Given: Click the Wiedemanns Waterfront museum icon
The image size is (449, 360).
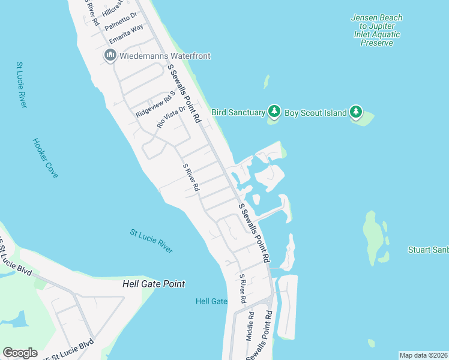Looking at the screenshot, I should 110,56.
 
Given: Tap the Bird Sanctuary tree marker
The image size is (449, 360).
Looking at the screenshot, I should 274,112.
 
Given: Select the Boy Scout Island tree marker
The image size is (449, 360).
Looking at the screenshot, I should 357,112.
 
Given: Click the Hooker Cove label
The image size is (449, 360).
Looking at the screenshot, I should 45,158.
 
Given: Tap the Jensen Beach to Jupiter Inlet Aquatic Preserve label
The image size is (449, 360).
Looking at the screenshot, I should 376,30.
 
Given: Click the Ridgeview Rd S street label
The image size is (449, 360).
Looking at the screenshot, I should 154,104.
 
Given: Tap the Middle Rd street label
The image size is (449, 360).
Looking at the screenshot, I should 250,326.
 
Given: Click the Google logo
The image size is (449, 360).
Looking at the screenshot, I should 20,353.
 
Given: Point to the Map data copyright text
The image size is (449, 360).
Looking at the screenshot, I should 423,355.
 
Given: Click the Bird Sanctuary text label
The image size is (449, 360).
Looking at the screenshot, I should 238,112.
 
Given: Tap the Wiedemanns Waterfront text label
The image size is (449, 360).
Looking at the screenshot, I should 165,56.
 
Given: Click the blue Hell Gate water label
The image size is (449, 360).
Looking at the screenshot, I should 211,301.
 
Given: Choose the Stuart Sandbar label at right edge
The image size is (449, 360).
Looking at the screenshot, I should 428,250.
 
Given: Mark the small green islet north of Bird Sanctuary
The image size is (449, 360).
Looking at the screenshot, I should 266,82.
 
